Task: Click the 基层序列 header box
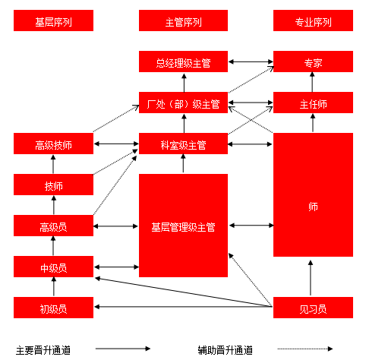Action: point(53,21)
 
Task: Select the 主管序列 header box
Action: point(183,21)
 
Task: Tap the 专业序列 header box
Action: point(313,21)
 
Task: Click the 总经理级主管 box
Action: point(183,62)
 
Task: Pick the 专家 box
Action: point(313,62)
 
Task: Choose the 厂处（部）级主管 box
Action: point(183,103)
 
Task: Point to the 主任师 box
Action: point(313,103)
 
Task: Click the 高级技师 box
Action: point(53,144)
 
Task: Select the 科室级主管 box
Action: point(183,144)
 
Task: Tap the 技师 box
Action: point(53,185)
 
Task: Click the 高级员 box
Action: point(53,226)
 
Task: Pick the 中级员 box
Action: point(53,267)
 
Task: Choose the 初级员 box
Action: point(53,308)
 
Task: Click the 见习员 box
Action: point(313,308)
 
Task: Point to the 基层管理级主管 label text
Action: point(183,227)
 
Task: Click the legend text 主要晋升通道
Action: point(43,350)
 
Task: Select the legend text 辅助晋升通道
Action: point(225,350)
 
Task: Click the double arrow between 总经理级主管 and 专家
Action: point(251,62)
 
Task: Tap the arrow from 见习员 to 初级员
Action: point(183,307)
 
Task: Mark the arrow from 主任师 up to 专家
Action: point(312,82)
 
